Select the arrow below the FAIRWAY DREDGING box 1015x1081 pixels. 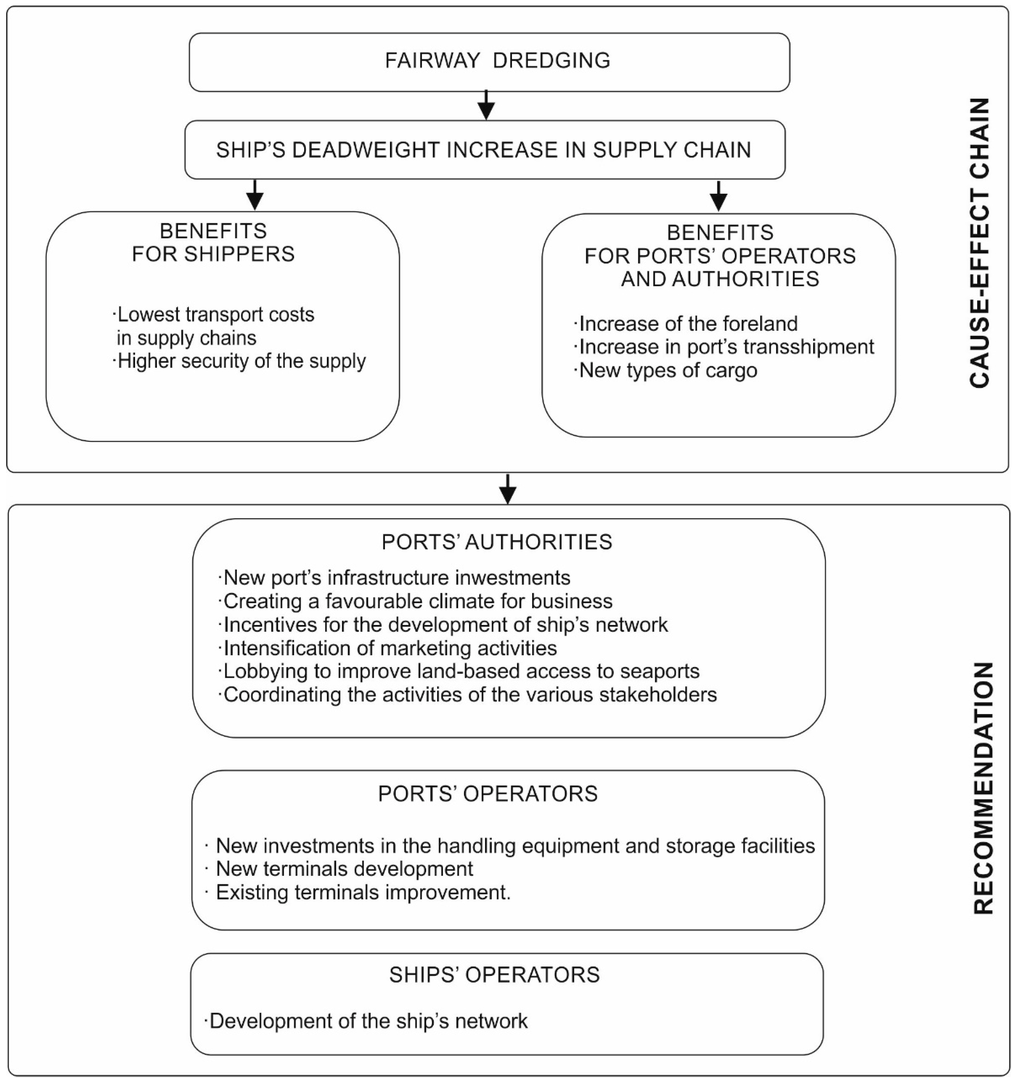[x=486, y=105]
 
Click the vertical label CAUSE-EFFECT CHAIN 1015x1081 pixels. [x=980, y=243]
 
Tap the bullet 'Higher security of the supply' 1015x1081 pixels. [x=241, y=361]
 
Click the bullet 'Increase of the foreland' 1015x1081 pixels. [x=687, y=324]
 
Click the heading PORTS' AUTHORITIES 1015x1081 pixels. [x=496, y=542]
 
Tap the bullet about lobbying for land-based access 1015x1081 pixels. [x=461, y=672]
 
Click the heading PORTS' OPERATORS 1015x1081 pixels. [x=488, y=794]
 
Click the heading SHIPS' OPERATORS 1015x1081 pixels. [x=494, y=975]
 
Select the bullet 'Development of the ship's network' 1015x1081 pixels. [x=368, y=1021]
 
